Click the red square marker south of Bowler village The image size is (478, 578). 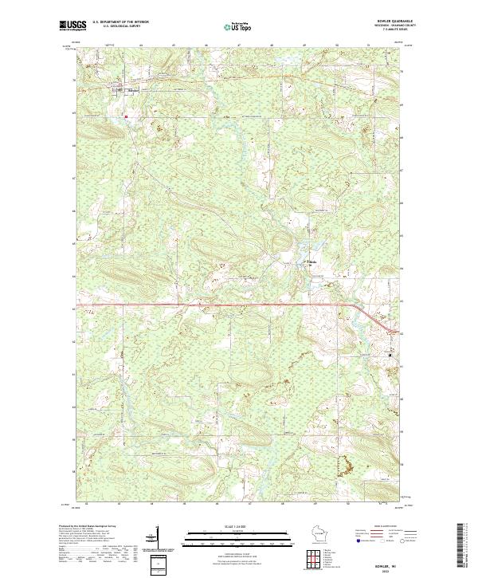pyautogui.click(x=125, y=116)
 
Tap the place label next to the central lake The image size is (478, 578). pyautogui.click(x=312, y=261)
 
